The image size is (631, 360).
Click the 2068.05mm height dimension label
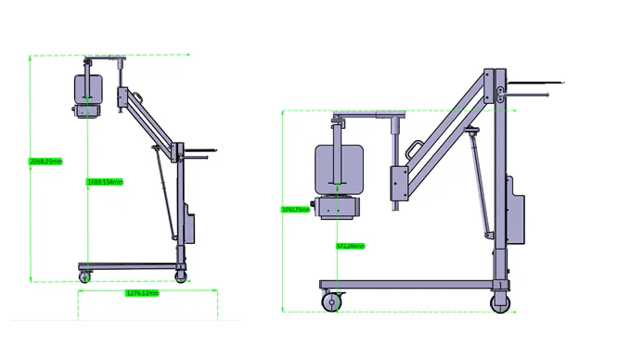[x=45, y=161]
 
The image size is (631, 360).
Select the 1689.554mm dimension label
[x=105, y=182]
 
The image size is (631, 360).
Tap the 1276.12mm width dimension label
[x=142, y=294]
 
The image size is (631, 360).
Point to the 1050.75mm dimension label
[x=294, y=210]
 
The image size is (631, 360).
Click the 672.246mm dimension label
[x=349, y=246]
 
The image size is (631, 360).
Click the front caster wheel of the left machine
[x=85, y=276]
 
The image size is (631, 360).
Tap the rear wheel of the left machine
[x=181, y=274]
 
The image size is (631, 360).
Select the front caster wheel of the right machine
[x=331, y=302]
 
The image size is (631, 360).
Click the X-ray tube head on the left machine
[x=87, y=89]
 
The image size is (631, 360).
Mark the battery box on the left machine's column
[x=188, y=223]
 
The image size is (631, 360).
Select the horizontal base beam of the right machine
[x=408, y=282]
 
